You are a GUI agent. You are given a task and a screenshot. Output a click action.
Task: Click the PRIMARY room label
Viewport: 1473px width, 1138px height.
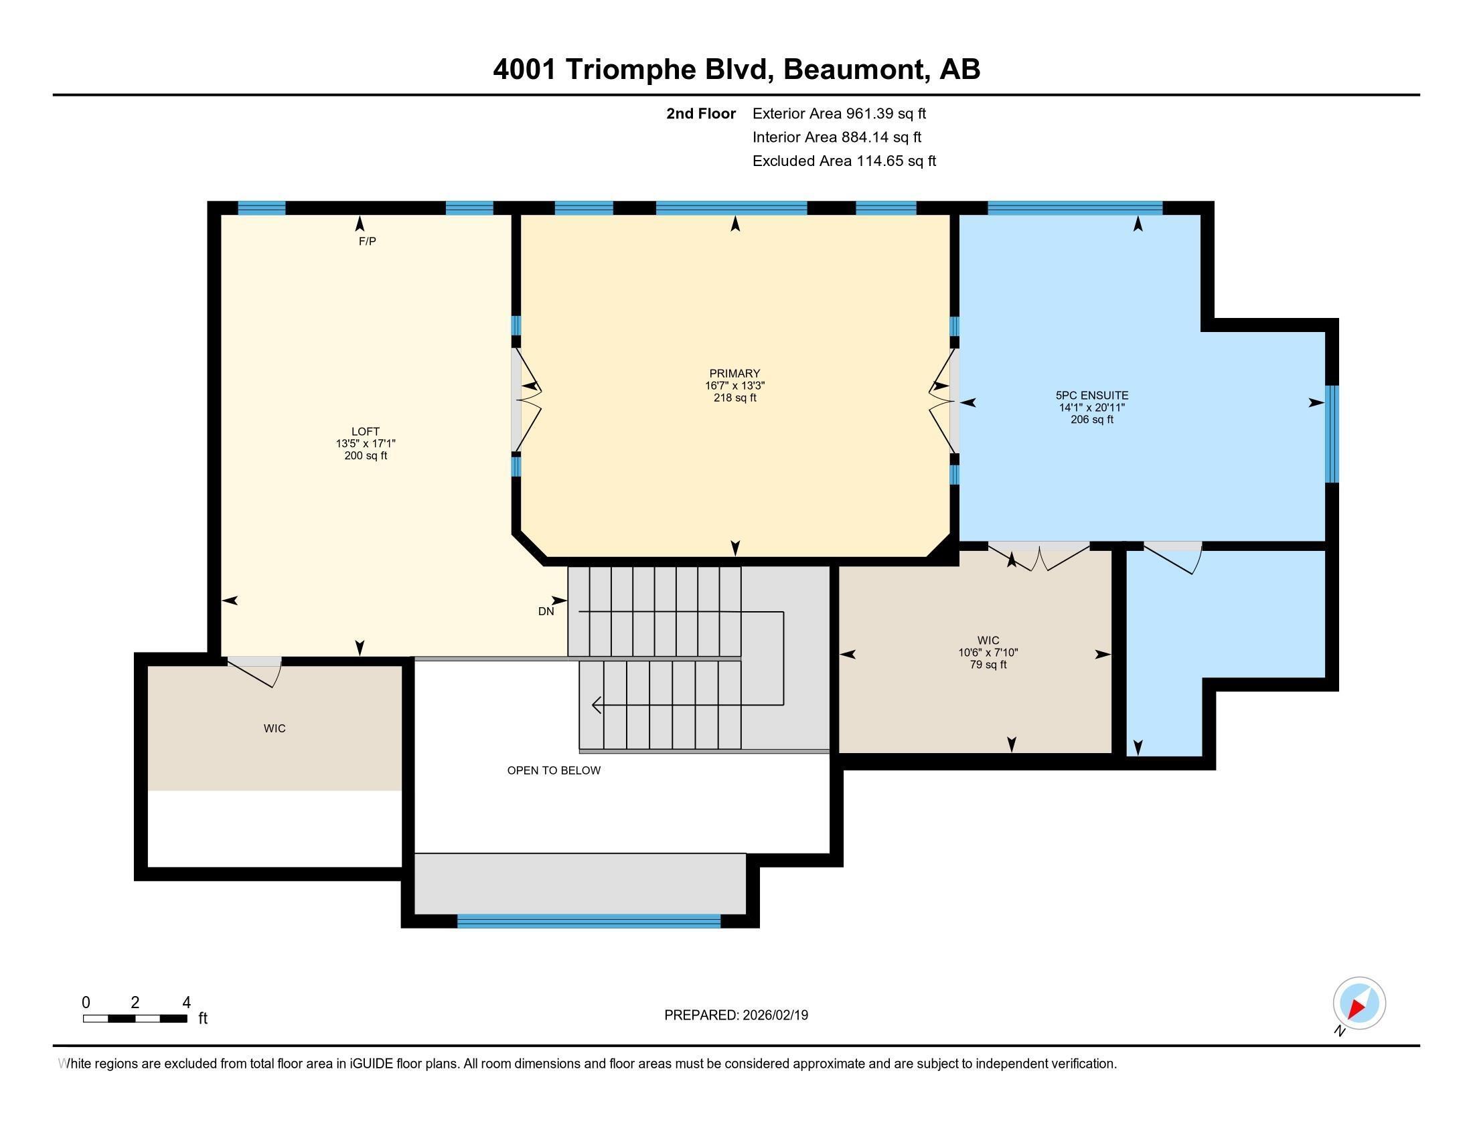734,374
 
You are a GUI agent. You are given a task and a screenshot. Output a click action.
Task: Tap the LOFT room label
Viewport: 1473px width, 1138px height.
365,432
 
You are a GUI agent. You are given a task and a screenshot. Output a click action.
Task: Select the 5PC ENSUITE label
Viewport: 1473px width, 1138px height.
1091,396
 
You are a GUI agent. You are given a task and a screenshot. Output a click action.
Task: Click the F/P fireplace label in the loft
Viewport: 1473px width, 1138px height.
367,242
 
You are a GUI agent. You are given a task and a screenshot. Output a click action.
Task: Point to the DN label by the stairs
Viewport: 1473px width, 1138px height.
546,611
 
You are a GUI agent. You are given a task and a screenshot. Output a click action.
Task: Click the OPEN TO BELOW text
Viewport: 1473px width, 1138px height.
554,770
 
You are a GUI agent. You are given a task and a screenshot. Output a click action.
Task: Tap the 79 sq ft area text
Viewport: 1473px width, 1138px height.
988,665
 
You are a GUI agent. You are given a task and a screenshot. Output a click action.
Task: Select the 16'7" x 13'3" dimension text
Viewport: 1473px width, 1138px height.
734,386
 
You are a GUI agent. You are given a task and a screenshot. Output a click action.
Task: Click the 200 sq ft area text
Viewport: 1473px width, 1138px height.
366,456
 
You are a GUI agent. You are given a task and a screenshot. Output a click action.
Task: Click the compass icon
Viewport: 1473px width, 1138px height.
1359,1003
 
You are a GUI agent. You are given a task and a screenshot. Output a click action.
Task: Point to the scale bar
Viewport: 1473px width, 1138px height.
135,1018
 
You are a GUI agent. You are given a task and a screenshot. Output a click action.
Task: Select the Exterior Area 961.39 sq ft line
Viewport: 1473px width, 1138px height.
839,114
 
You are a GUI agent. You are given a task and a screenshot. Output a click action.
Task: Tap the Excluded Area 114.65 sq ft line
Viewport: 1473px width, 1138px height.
844,161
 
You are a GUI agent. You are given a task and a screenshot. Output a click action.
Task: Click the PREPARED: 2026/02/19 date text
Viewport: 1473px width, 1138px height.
736,1015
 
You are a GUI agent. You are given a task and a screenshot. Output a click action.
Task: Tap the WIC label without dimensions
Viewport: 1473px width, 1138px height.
275,729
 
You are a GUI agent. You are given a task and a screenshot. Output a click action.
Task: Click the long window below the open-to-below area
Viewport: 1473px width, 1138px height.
589,921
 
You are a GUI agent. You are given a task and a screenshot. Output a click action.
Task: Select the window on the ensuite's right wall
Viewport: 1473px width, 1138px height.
1331,434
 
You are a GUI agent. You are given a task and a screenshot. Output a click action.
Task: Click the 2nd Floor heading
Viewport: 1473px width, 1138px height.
701,114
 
